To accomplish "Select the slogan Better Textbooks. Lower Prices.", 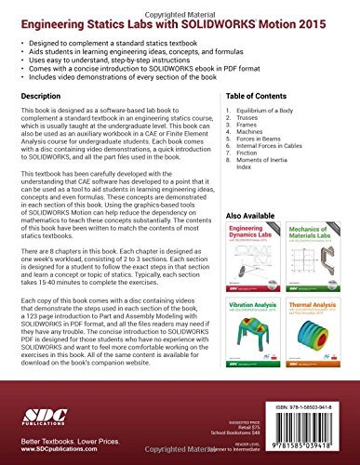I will (x=60, y=444).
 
